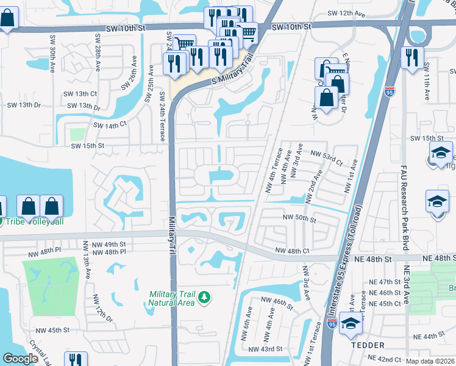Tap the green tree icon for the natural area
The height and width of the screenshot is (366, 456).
pyautogui.click(x=206, y=297)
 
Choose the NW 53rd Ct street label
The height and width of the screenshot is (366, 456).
pyautogui.click(x=327, y=155)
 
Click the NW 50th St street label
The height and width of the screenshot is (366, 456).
pyautogui.click(x=299, y=218)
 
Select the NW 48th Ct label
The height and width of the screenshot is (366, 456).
pyautogui.click(x=293, y=251)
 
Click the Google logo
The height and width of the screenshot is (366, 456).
pyautogui.click(x=20, y=359)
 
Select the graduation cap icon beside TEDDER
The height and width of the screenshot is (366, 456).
pyautogui.click(x=351, y=324)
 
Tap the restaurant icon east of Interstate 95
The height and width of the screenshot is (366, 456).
pyautogui.click(x=414, y=58)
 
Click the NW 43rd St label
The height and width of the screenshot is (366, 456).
pyautogui.click(x=266, y=349)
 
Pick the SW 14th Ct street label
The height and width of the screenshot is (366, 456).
pyautogui.click(x=110, y=124)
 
